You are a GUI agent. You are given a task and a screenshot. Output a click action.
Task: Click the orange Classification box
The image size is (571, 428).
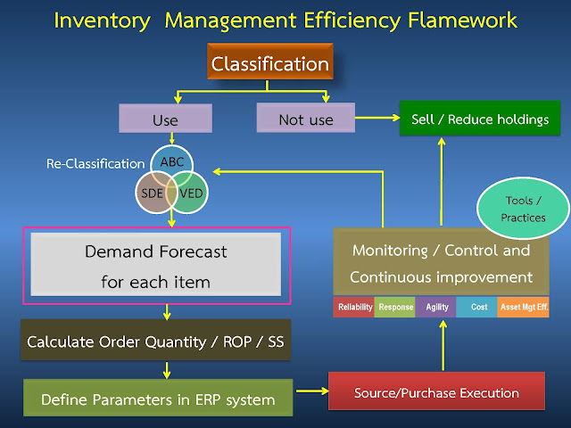pyautogui.click(x=271, y=65)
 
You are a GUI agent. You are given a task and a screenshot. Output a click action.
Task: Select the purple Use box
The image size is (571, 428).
pyautogui.click(x=165, y=119)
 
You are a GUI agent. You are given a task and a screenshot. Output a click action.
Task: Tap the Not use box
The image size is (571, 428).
pyautogui.click(x=304, y=119)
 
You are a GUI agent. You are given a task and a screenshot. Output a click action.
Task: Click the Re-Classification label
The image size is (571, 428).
pyautogui.click(x=95, y=164)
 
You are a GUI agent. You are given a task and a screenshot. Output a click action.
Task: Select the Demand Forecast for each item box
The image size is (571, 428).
pyautogui.click(x=155, y=265)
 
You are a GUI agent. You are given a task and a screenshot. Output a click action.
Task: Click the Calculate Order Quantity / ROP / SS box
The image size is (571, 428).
pyautogui.click(x=155, y=342)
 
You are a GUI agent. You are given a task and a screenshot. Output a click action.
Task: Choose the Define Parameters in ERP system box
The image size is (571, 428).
pyautogui.click(x=158, y=399)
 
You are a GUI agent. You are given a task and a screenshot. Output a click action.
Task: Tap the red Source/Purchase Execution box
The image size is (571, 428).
pyautogui.click(x=436, y=392)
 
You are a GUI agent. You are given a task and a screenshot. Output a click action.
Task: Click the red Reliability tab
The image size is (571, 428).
pyautogui.click(x=353, y=307)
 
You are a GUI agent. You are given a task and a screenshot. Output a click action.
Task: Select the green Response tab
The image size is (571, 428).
pyautogui.click(x=395, y=307)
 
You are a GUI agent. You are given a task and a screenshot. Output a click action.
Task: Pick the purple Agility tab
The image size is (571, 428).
pyautogui.click(x=437, y=307)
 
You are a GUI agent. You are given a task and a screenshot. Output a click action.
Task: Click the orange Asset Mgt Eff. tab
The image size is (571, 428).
pyautogui.click(x=523, y=307)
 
